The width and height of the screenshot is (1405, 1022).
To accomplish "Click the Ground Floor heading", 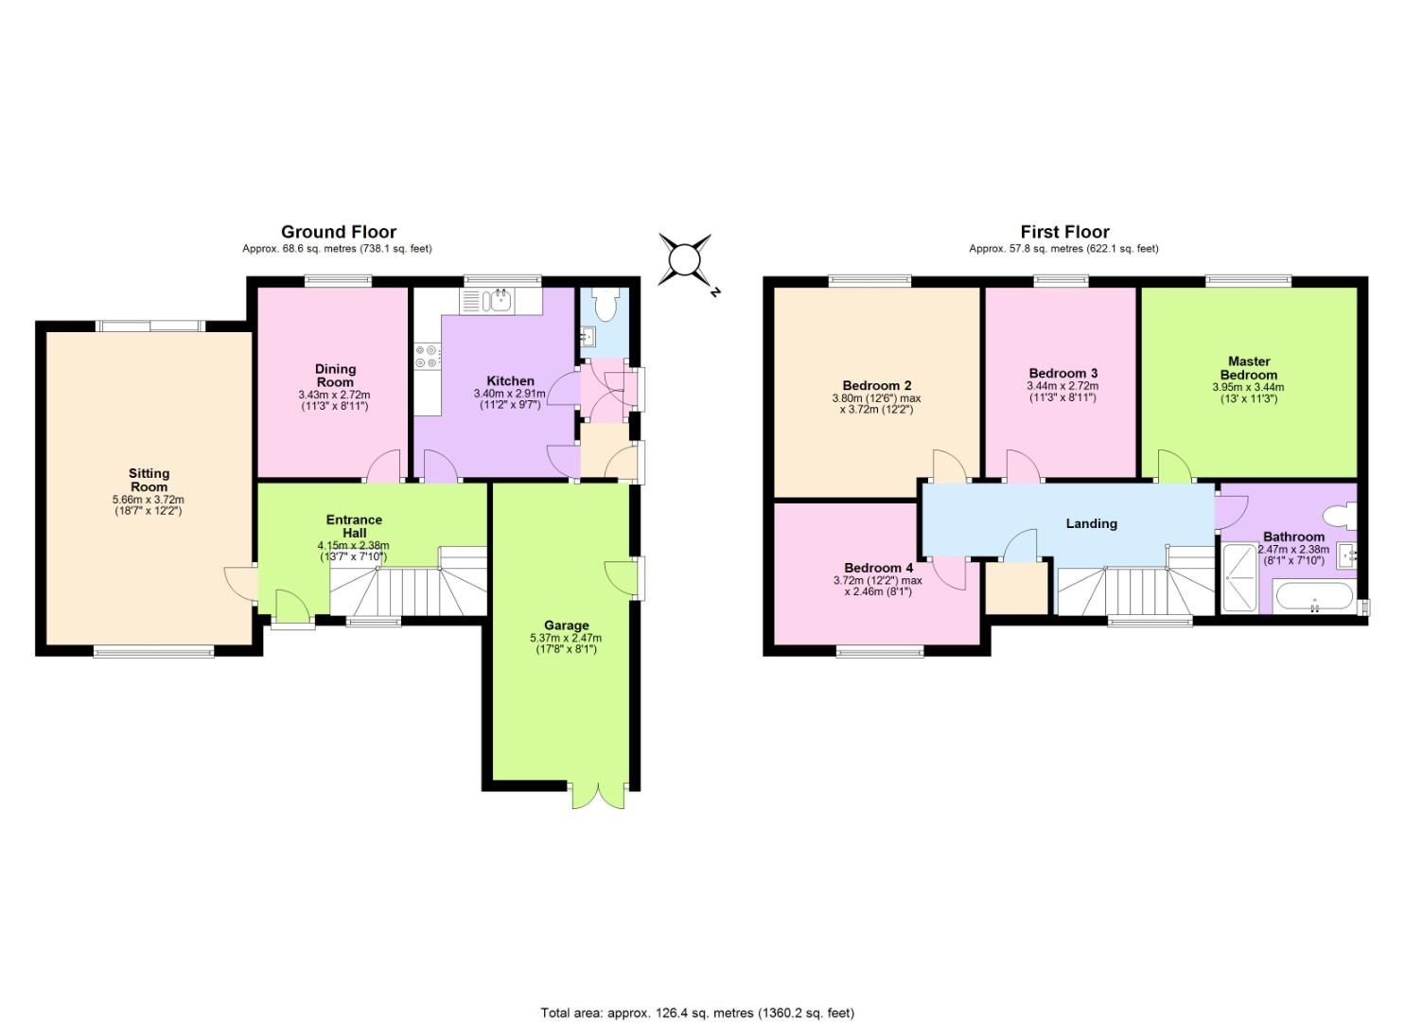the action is coord(339,232).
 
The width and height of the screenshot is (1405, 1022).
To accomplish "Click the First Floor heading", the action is coord(1065,232).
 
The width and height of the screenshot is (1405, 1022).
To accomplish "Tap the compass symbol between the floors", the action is coord(686,259).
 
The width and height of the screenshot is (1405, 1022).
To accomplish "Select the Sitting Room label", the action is coord(149,480).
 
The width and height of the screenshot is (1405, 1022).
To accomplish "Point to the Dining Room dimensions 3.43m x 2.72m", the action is coord(334,396).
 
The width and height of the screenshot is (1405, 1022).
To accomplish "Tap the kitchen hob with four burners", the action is coord(427,357).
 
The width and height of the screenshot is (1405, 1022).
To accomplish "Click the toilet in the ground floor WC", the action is coord(606,305).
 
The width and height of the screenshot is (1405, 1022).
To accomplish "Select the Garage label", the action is coord(567,625).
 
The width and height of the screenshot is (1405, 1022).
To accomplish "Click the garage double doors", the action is coord(598,796).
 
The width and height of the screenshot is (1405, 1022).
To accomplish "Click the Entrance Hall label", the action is coord(355,526).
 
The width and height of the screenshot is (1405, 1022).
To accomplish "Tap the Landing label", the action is coord(1092,523).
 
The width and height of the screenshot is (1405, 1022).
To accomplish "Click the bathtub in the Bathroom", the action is coord(1314,596).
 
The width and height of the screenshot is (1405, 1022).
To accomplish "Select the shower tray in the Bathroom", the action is coord(1240,576).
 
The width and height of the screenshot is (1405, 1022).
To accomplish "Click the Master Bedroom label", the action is coord(1249,368).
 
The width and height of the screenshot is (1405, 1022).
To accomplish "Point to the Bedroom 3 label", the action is coord(1063,373).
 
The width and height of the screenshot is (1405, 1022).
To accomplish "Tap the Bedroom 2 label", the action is coord(877,385).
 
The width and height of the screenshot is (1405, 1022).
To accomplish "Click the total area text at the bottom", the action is coord(697,995).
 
